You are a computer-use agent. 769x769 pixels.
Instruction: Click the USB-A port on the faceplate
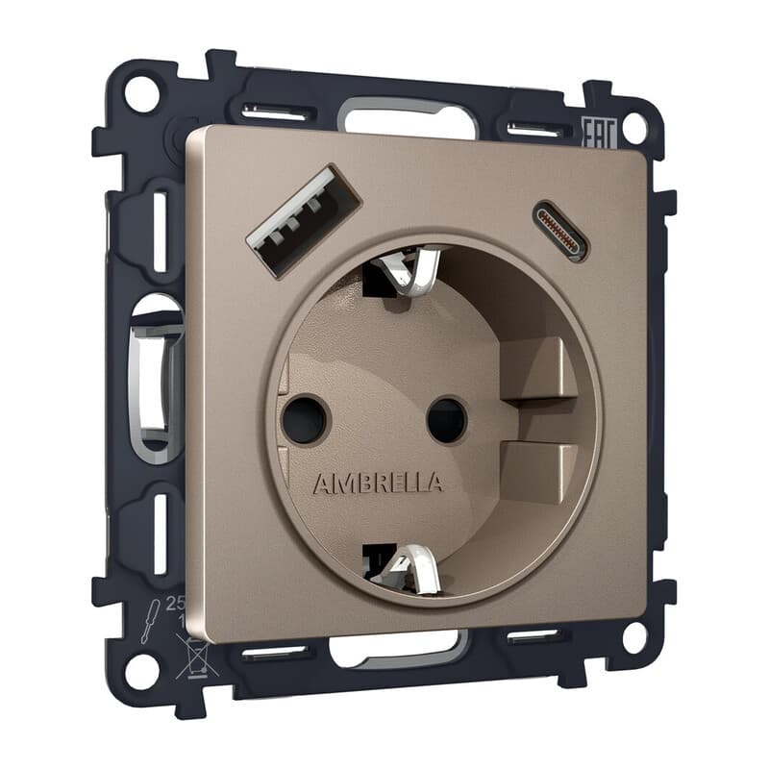click(302, 220)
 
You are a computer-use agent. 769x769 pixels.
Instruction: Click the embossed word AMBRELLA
click(378, 483)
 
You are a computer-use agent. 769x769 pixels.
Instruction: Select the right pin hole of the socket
click(447, 421)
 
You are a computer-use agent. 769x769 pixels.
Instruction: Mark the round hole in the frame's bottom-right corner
click(633, 636)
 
